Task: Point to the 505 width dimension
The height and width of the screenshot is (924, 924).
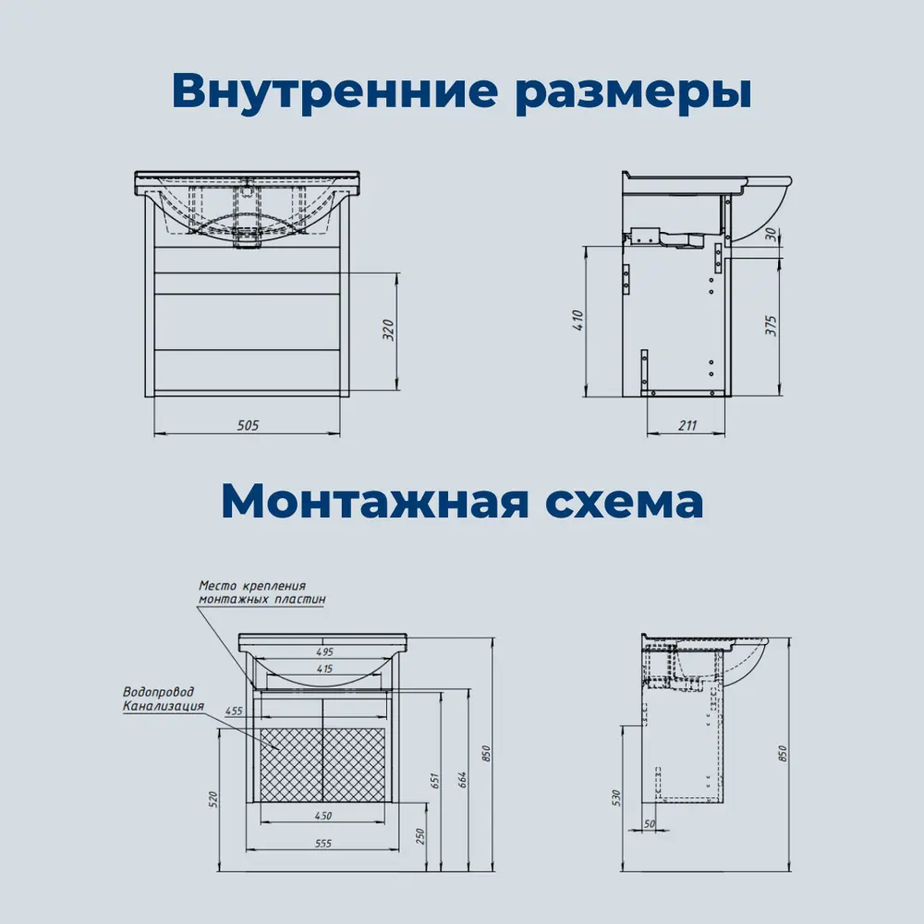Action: [x=247, y=425]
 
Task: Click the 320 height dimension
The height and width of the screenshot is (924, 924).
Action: [x=388, y=331]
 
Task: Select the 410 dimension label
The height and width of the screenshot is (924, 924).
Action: [x=578, y=320]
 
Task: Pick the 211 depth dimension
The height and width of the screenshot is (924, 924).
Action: [x=687, y=425]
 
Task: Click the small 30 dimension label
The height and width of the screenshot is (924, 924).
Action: [x=771, y=236]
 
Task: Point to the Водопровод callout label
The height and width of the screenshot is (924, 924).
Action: [x=158, y=693]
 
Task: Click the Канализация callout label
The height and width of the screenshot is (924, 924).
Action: [x=164, y=707]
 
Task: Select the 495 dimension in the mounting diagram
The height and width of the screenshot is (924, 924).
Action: [x=324, y=650]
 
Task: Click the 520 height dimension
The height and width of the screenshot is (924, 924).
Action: [x=212, y=798]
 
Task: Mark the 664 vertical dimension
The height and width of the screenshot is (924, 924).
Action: [x=463, y=778]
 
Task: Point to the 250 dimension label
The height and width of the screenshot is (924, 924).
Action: [x=419, y=836]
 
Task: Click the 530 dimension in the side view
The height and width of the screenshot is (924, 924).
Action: [x=617, y=796]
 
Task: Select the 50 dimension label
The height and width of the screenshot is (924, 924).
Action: [x=650, y=823]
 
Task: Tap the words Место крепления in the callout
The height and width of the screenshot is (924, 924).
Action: [x=252, y=586]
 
